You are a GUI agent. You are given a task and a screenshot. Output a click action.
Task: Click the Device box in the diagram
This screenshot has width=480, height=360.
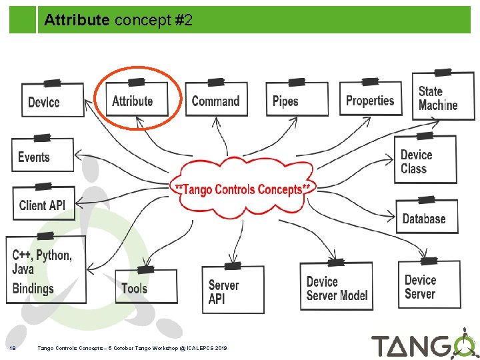pos(53,101)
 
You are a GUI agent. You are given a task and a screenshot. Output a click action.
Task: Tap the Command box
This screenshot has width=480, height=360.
pos(215,101)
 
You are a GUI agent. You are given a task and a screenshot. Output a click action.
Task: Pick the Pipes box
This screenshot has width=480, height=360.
pos(296,101)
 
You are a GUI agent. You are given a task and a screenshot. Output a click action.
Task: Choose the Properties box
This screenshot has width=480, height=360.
pos(371,101)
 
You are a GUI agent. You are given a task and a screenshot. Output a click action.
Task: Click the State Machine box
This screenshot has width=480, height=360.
pos(443,98)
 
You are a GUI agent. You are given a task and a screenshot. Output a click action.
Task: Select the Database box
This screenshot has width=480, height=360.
pos(427,218)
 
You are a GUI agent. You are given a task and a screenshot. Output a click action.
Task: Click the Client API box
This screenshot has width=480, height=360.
pos(43,205)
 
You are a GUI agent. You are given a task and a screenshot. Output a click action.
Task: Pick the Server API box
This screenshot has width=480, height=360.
pos(233,291)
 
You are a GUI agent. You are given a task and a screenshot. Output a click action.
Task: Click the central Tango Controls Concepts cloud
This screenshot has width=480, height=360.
pos(241,189)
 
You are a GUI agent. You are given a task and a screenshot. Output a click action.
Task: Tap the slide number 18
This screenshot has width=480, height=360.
pos(13,347)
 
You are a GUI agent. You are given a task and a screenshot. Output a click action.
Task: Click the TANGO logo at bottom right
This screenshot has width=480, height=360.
pos(424,345)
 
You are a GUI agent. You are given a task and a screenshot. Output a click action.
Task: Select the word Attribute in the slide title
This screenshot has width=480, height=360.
pos(77,21)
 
